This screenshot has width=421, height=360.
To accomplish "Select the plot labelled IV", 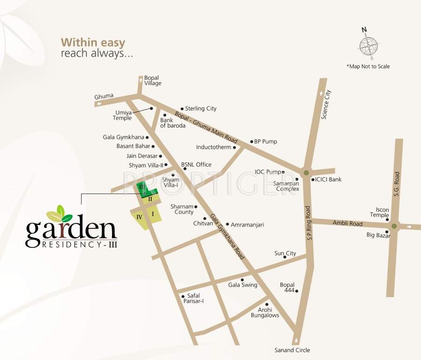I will [140, 217].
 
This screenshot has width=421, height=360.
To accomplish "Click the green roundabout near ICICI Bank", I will [306, 173].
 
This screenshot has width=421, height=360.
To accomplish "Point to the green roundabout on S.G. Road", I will [394, 226].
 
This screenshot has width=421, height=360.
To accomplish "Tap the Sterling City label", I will [200, 109].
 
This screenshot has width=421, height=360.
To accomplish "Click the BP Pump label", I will [266, 142].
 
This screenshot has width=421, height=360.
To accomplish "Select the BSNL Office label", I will [196, 165].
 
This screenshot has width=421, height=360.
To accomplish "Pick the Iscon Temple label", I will [379, 213].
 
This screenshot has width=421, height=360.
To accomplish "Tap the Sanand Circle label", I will [292, 350].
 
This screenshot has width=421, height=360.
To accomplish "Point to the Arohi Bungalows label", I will [265, 313].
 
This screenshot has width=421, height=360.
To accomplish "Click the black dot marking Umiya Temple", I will [152, 109].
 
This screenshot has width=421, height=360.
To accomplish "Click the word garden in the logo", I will [71, 230].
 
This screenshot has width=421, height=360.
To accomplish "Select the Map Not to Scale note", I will [368, 67].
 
